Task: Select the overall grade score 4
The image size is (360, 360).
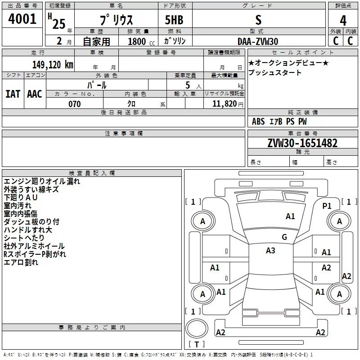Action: coord(343,20)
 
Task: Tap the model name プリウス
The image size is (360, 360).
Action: coord(116,21)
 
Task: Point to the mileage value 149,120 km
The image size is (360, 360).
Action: coord(53,64)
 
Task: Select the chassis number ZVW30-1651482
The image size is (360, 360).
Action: coord(302,143)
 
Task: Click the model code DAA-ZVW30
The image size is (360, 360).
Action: coord(258,41)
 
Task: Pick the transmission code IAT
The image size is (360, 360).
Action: coord(13,94)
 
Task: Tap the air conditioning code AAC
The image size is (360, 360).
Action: coord(35,94)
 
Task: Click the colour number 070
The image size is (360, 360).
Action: coord(74,104)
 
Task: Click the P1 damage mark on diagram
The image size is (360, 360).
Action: coord(327,206)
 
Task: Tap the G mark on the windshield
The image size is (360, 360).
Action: coord(284,237)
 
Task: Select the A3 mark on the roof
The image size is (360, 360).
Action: coord(270,251)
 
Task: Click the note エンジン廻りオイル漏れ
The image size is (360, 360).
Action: coord(41,181)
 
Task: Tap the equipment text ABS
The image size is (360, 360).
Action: coord(258,121)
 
